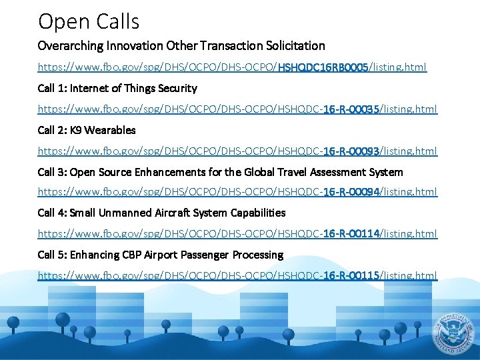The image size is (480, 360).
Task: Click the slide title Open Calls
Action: tap(89, 21)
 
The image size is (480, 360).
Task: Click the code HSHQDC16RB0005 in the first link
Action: tap(323, 67)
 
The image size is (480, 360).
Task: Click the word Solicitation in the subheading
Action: tap(296, 46)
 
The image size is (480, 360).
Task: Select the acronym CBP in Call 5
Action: tap(133, 255)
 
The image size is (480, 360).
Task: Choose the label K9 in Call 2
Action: tap(77, 130)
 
